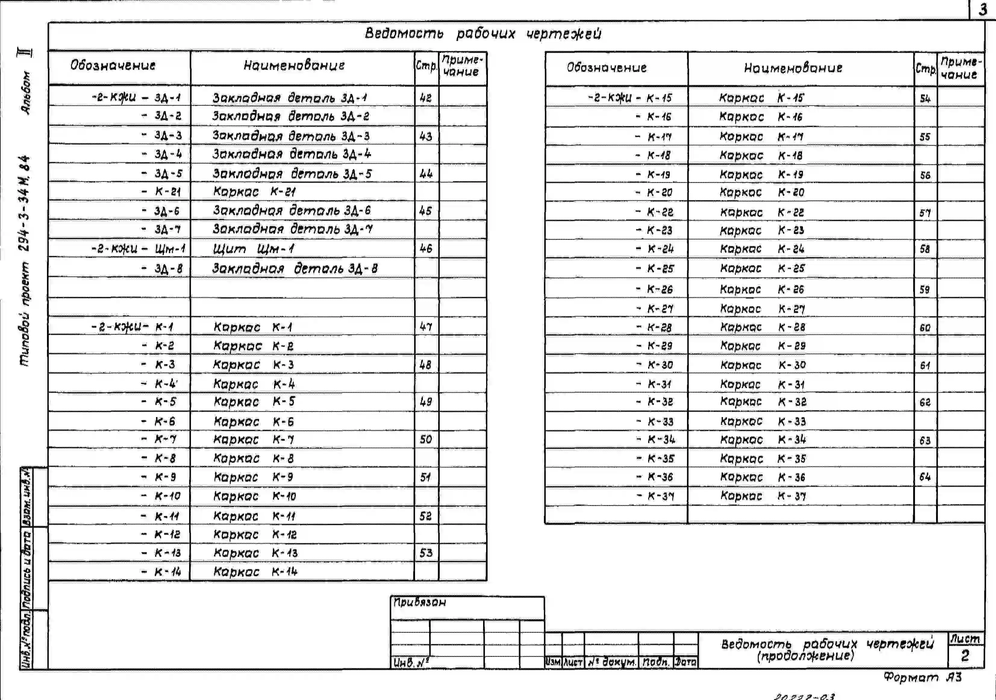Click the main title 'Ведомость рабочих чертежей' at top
coord(483,34)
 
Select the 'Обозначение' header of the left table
coord(113,65)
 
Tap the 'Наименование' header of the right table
coord(793,68)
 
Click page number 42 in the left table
coord(426,98)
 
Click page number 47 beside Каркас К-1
coord(426,327)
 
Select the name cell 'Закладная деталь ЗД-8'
coord(295,268)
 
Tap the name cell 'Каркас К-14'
coord(255,572)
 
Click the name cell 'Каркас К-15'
coord(761,98)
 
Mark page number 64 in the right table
coord(925,477)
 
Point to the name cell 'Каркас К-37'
coord(763,496)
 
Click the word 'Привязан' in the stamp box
coord(420,602)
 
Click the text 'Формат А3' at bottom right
coord(923,677)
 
